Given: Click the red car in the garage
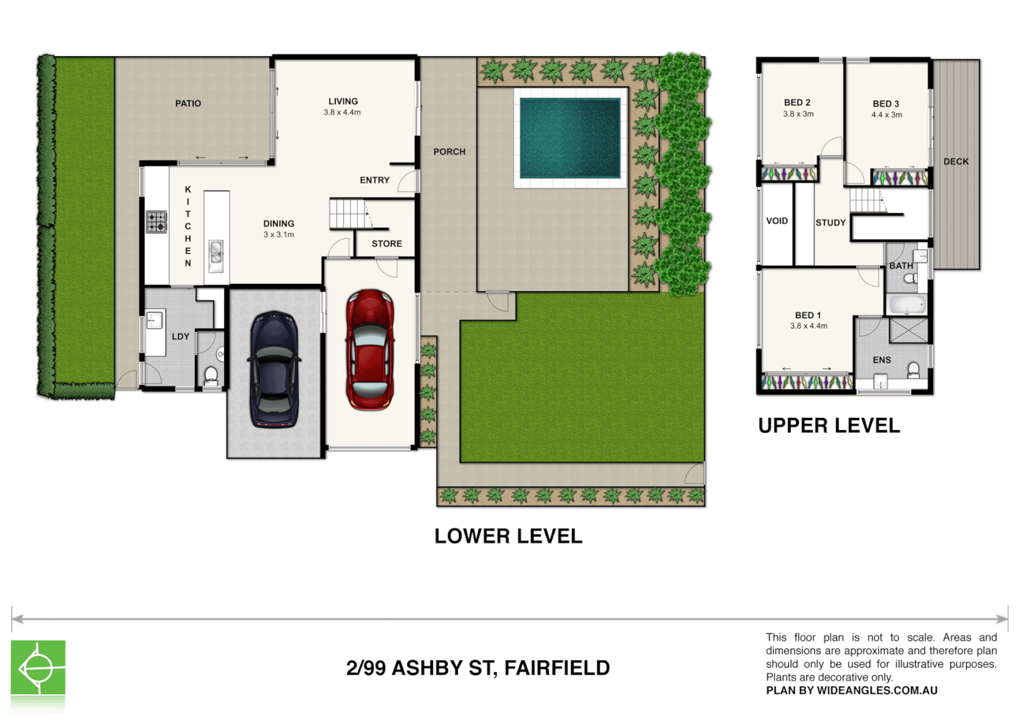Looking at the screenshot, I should (370, 349).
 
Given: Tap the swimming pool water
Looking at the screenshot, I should (570, 138).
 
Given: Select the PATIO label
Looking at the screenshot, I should (188, 103).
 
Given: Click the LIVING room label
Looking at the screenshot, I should (343, 101).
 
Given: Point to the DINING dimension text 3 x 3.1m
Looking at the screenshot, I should (278, 235).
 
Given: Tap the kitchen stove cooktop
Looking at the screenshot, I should (157, 221).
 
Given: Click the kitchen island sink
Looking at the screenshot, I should (216, 254).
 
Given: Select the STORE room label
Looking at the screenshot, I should (387, 244).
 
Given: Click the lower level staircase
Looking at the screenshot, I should (348, 214).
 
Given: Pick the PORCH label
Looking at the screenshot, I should (449, 152).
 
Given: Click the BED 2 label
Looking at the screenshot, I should (797, 103).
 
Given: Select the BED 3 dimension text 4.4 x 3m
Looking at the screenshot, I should (886, 115).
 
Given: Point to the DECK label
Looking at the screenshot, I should (956, 161).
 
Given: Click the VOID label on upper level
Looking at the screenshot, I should (777, 221).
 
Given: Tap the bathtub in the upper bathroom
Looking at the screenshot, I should (906, 305).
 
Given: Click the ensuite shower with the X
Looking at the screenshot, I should (909, 331).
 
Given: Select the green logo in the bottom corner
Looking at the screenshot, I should (38, 667).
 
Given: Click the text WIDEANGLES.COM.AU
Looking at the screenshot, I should (877, 691).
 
